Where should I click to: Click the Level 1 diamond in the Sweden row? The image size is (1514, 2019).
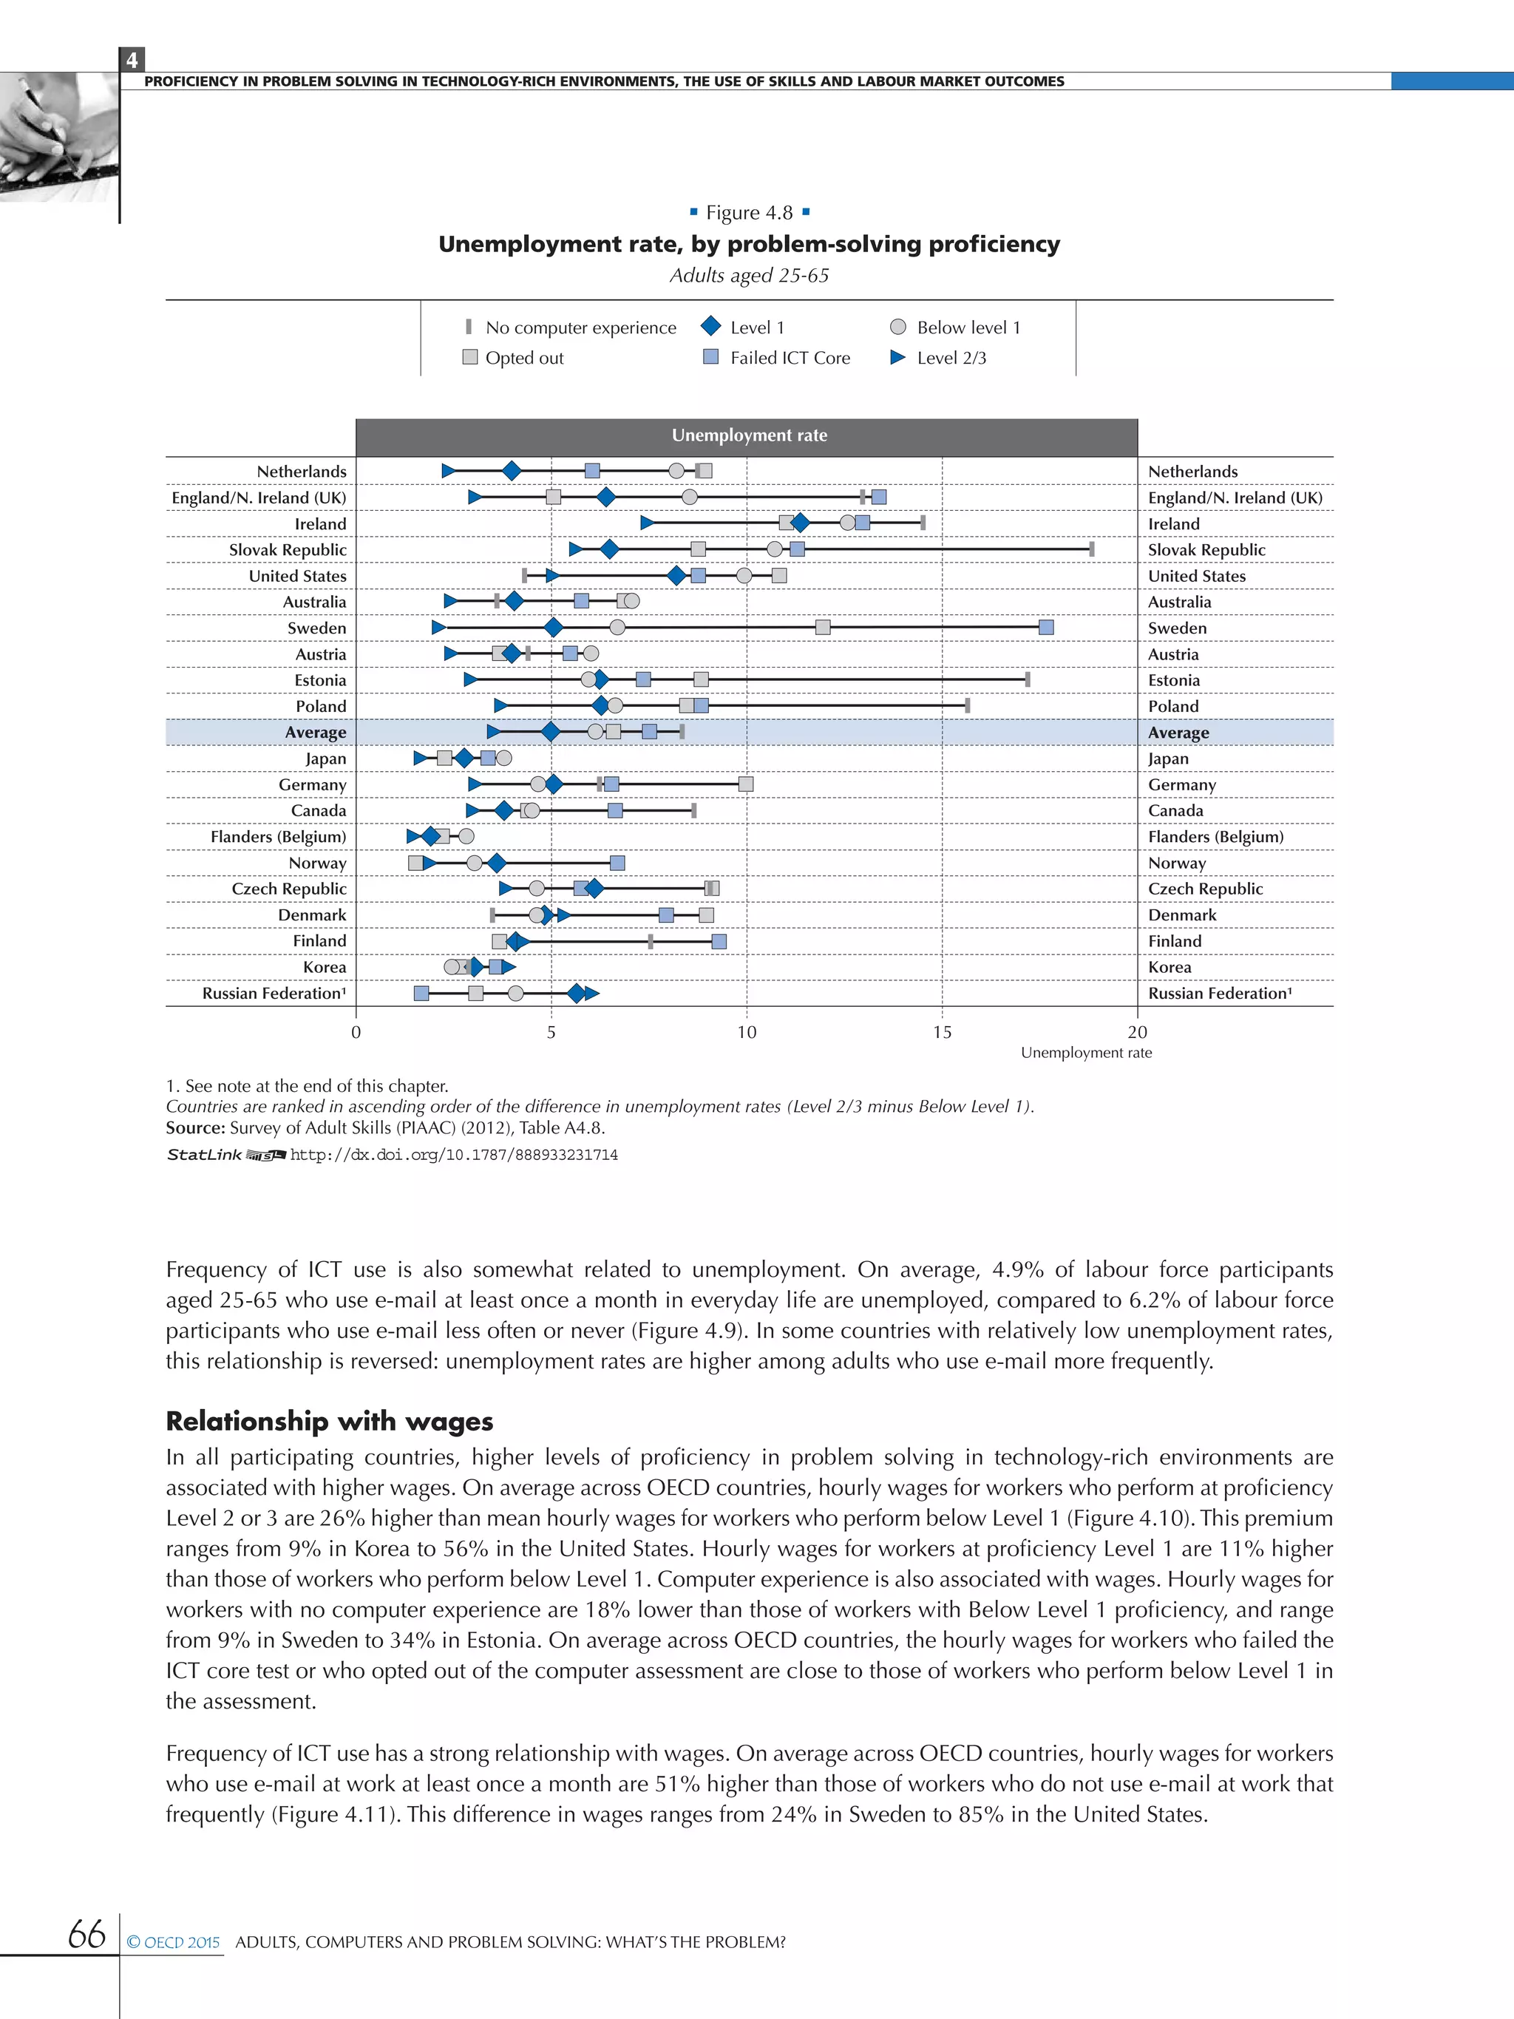(553, 627)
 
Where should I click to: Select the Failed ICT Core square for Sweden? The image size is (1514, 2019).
(1046, 627)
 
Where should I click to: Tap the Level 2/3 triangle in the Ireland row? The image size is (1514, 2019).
(646, 523)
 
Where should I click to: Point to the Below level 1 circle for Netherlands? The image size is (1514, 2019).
(676, 471)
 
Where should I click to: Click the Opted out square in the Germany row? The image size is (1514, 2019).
(746, 784)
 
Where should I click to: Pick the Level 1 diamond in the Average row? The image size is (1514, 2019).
(550, 732)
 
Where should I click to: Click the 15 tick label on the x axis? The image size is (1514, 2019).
(942, 1032)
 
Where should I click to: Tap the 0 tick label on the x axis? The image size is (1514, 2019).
(356, 1032)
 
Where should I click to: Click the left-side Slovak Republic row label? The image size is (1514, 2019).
(288, 549)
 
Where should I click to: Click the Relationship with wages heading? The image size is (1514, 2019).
(330, 1421)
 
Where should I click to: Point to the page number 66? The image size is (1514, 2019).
(86, 1934)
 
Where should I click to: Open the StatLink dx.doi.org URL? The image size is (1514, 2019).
(454, 1155)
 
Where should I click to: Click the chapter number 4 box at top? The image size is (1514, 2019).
(132, 60)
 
